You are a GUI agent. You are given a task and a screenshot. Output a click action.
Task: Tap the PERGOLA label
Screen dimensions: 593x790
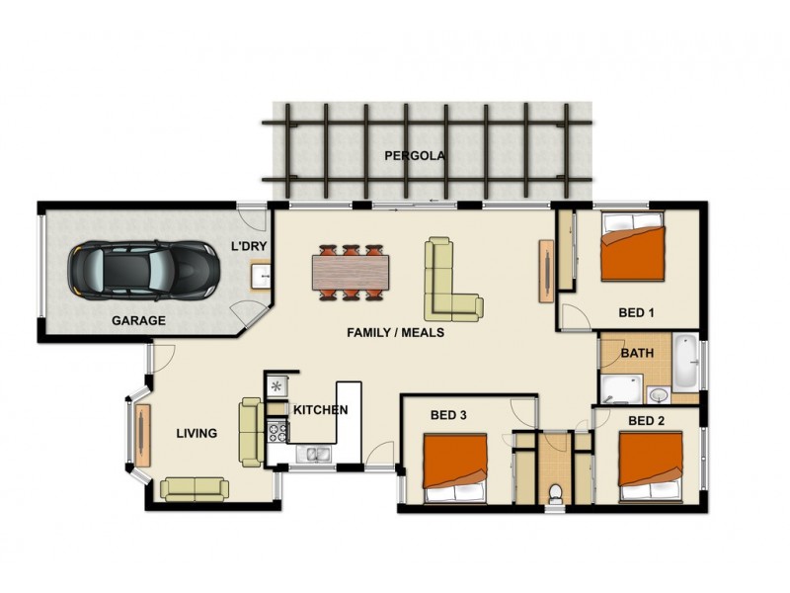tap(416, 156)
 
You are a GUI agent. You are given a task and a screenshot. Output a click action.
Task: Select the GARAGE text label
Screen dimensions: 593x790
tap(137, 321)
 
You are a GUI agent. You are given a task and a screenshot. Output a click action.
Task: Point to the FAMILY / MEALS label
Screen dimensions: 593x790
tap(395, 333)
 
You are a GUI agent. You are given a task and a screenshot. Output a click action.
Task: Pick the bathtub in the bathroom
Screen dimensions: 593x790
tap(686, 363)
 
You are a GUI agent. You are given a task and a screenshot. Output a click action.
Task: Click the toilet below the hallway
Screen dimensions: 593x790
tap(554, 490)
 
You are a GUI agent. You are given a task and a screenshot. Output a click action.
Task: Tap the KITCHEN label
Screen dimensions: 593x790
tap(320, 409)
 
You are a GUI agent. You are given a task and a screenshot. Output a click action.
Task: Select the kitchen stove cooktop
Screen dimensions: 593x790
tap(276, 431)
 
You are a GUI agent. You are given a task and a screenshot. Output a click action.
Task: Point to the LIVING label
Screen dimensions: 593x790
tap(197, 433)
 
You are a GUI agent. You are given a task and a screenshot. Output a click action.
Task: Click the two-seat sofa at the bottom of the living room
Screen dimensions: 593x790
tap(195, 488)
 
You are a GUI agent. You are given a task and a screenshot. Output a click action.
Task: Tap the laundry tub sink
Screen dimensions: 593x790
tap(262, 274)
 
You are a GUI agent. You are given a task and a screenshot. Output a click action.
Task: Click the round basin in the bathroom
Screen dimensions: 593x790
tap(659, 395)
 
